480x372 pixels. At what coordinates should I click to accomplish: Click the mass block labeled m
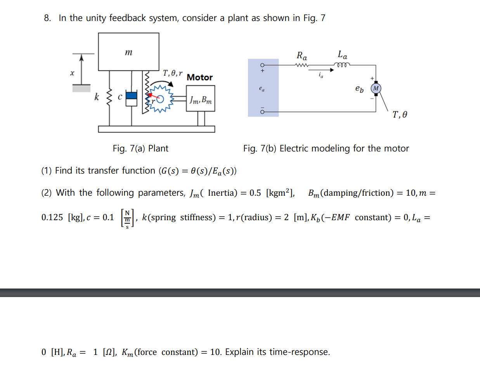[128, 52]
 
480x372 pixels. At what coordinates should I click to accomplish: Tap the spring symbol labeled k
[109, 97]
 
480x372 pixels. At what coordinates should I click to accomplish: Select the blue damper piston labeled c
[132, 96]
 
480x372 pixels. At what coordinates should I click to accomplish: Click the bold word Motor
[199, 77]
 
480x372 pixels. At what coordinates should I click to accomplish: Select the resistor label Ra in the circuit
[302, 56]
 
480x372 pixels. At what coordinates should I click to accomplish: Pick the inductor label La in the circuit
[342, 55]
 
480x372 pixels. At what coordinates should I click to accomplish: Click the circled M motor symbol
[376, 88]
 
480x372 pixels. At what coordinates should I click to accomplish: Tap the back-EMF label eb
[359, 89]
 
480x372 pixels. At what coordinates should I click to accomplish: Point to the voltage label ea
[262, 89]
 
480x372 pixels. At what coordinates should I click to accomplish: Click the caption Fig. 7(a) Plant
[140, 148]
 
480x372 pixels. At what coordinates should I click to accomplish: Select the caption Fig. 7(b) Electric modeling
[326, 148]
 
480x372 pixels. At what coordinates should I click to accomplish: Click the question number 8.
[47, 18]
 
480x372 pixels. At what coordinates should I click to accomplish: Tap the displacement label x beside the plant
[72, 73]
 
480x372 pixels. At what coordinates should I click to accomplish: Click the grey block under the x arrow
[81, 89]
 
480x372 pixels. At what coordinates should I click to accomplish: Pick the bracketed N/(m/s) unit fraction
[127, 219]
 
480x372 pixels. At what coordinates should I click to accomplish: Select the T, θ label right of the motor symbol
[400, 115]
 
